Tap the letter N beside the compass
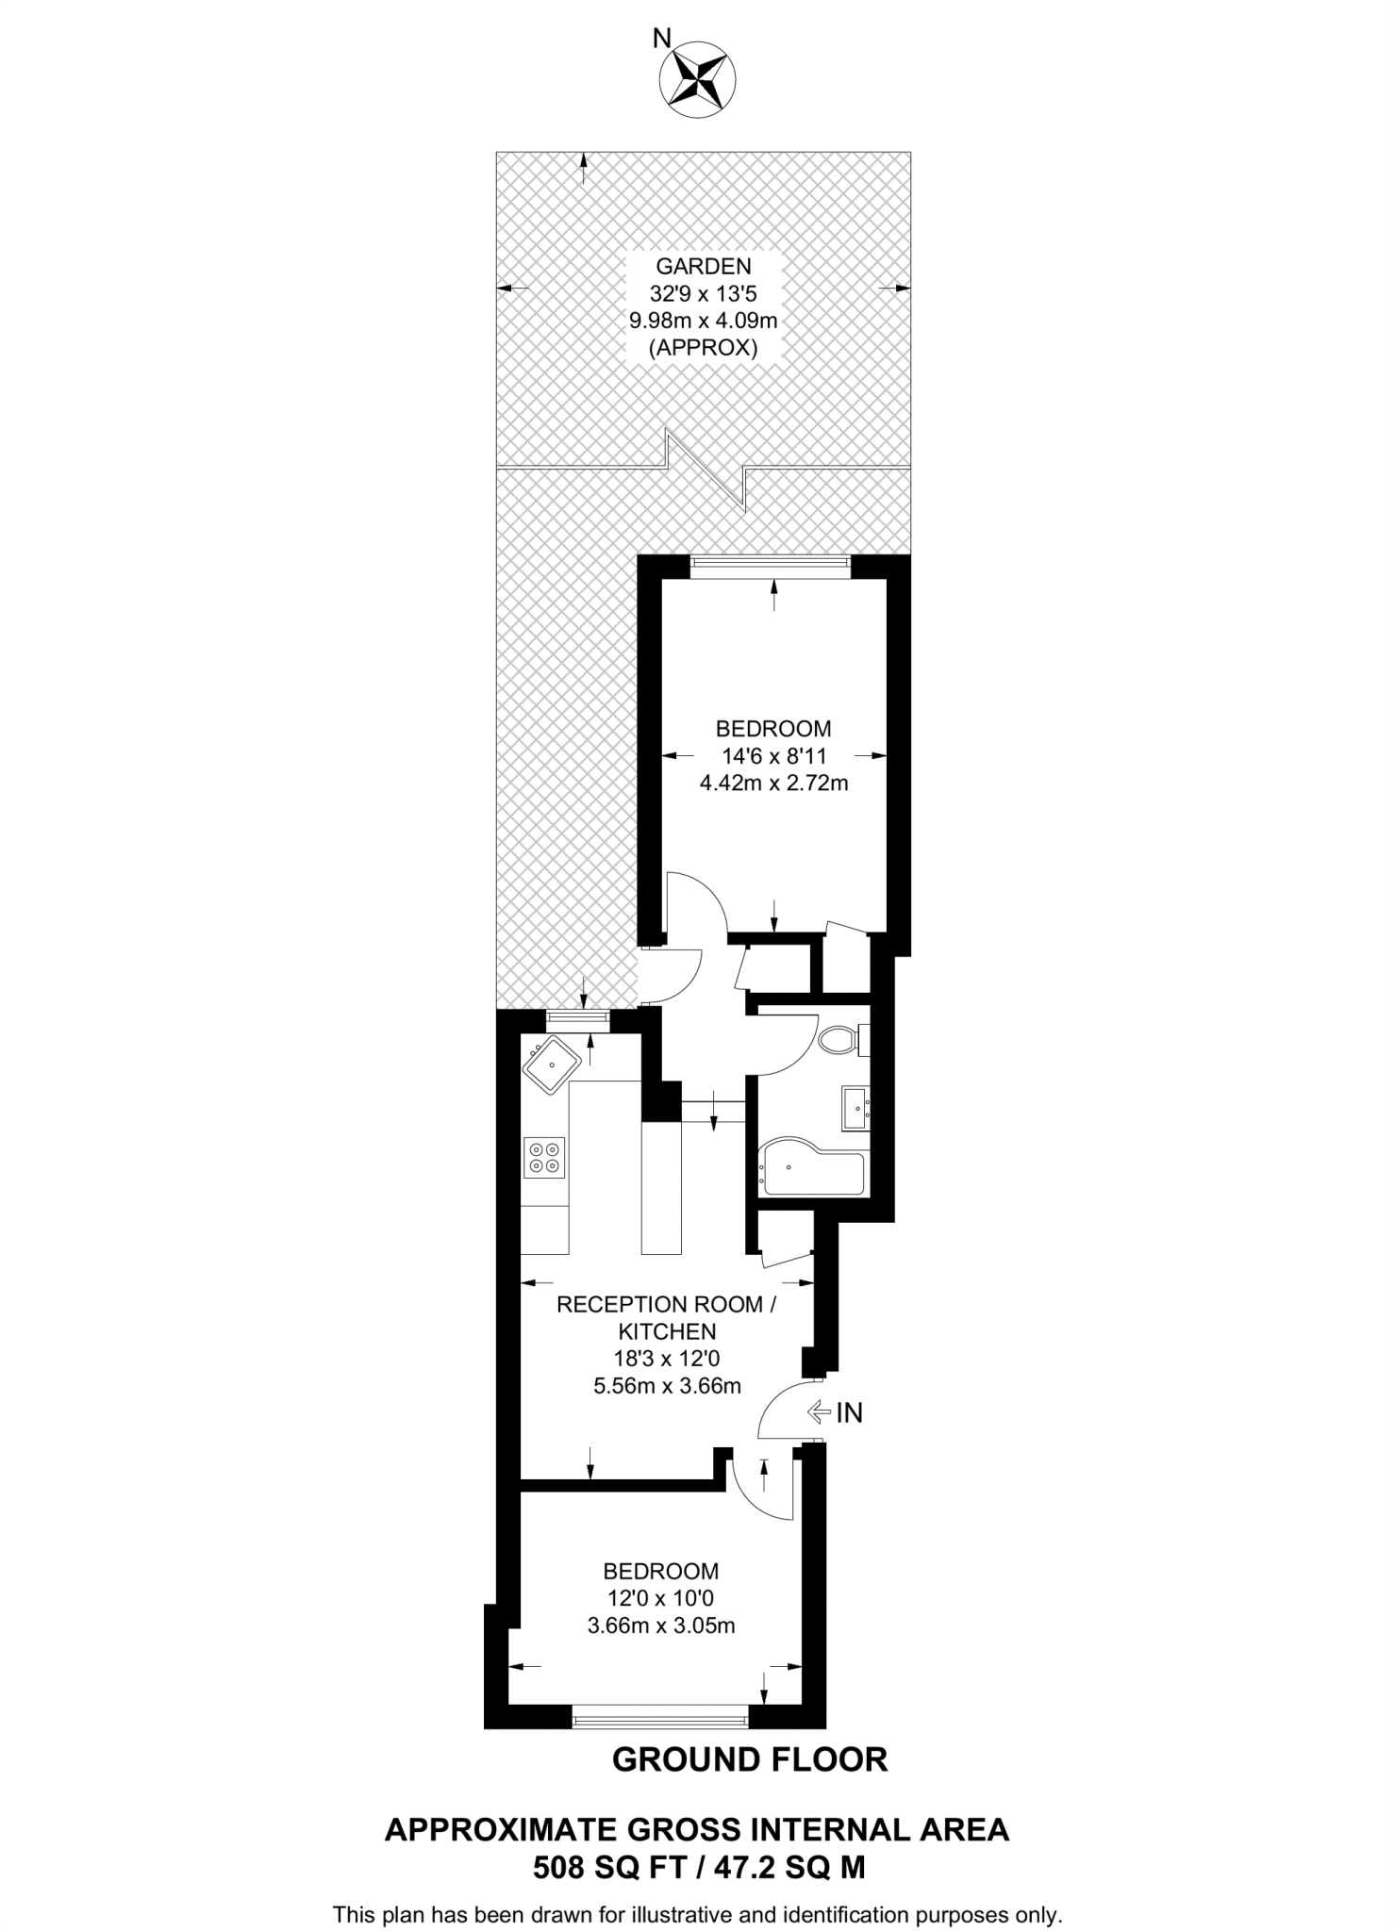[662, 39]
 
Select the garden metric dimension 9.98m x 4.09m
[703, 321]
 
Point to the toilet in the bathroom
[839, 1041]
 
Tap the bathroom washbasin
[856, 1109]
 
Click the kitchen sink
[552, 1065]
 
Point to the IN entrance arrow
[836, 1411]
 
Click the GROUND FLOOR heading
[750, 1759]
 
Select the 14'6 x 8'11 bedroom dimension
[773, 755]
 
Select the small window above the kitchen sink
[577, 1016]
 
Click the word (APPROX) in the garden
[703, 348]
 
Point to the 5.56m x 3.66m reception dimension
[667, 1386]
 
